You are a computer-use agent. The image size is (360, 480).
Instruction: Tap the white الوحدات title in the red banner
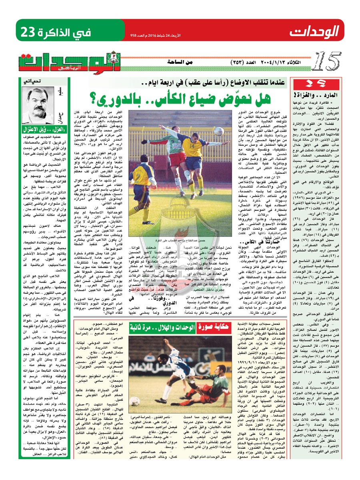click(314, 31)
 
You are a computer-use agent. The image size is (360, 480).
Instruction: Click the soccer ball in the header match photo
click(218, 131)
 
